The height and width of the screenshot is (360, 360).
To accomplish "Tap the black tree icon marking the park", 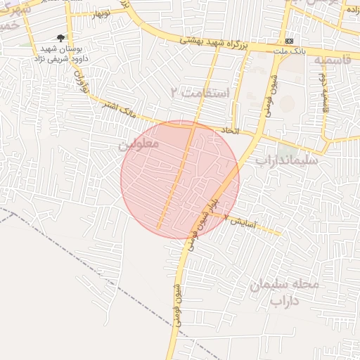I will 60,38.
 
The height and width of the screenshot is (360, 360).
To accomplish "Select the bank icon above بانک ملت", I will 289,40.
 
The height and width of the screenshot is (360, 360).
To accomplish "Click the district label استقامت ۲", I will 200,92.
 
